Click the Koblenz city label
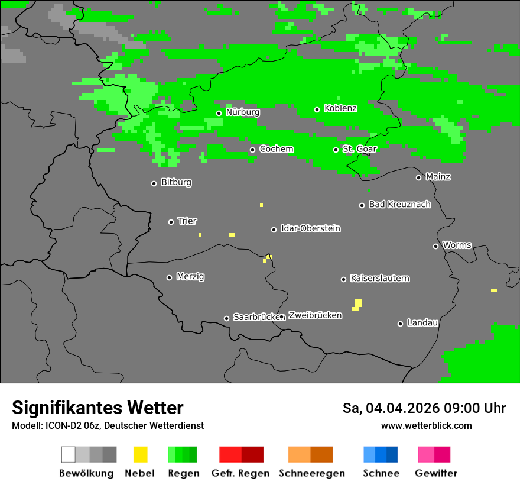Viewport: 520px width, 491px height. pos(340,109)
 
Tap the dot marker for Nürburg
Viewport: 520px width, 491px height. pos(219,113)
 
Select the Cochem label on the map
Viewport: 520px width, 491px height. pos(276,149)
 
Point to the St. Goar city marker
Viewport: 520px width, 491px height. pos(336,150)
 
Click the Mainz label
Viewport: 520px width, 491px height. pos(438,177)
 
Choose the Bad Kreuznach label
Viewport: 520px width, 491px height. pos(399,205)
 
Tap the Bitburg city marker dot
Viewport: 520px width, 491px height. pos(154,183)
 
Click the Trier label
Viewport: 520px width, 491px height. pos(187,221)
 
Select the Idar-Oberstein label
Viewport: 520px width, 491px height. pos(310,229)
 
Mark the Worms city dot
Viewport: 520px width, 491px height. pos(435,246)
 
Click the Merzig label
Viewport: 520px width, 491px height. pos(190,277)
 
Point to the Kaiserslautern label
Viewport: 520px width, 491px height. pos(379,279)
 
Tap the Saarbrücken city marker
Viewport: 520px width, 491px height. pos(226,318)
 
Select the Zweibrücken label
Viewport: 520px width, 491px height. pos(315,316)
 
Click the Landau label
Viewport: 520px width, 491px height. pos(422,323)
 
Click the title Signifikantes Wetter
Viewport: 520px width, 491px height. pos(97,408)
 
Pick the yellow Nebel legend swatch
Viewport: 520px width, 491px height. pos(140,454)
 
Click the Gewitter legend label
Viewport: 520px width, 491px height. pos(435,473)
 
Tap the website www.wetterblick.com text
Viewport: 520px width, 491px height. pos(426,426)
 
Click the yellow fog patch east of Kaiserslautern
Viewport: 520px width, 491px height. pos(357,304)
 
